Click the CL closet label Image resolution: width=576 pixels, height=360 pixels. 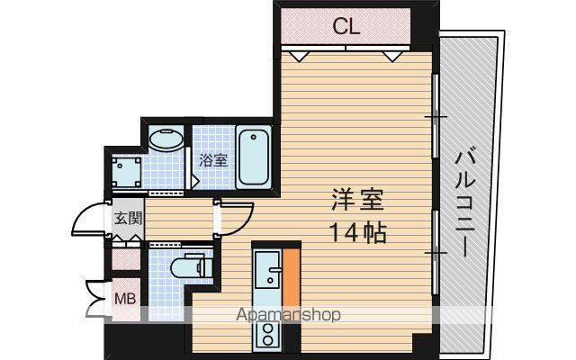point(346,26)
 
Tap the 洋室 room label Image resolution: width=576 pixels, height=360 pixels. point(358,200)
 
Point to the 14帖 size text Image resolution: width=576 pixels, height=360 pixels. point(358,233)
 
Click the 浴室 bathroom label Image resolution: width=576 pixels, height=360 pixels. point(213,160)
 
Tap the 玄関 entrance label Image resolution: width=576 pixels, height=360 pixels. point(128,218)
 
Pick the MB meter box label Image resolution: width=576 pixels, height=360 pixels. point(125,299)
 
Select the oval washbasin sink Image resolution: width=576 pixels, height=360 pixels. point(166,139)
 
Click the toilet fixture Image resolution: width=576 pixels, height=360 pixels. point(192,265)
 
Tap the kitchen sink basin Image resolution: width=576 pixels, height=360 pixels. point(268,269)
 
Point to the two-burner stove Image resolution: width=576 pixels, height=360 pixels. point(267,334)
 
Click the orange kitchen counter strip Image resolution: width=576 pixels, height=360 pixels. point(292,278)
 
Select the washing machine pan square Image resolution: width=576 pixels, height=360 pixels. point(127,172)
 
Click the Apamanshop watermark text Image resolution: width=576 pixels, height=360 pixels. point(288,315)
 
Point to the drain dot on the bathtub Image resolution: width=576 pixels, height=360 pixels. point(254,138)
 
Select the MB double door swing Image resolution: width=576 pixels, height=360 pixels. point(96,299)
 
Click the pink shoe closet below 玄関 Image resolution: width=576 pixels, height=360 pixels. point(126,259)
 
